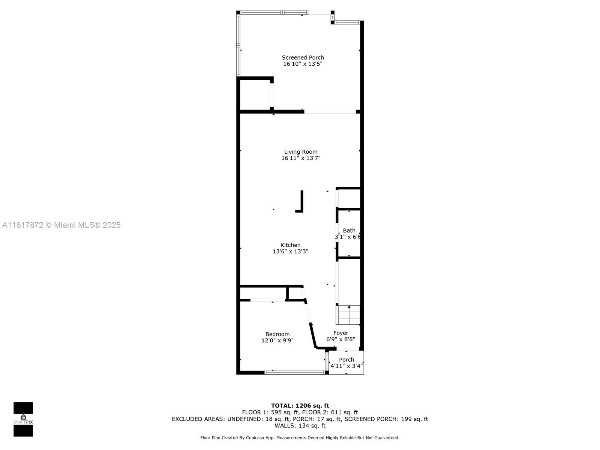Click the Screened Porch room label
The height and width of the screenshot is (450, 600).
coord(303,58)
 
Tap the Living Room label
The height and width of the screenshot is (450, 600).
coord(301,152)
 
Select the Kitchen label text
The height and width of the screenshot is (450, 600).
coord(290,245)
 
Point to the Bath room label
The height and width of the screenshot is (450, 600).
coord(349,231)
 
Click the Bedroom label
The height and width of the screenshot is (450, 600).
coord(277,334)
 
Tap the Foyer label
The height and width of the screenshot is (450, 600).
coord(340,333)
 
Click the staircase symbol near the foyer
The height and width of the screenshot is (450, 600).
coord(348,315)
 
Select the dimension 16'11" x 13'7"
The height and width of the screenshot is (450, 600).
coord(301,158)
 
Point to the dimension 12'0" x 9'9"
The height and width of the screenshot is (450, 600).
coord(277,340)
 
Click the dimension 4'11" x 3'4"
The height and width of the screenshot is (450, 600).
coord(346,366)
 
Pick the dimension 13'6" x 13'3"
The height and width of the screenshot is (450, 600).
coord(290,251)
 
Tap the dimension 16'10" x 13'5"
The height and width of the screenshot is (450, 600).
coord(303,64)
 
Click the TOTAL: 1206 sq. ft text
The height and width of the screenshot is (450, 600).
coord(300,406)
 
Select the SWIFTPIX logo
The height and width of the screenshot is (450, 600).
coord(23,419)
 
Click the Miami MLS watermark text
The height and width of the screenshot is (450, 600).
coord(61,225)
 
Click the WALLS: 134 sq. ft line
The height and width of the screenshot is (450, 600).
coord(300,426)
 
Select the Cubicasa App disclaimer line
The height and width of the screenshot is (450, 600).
coord(300,438)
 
